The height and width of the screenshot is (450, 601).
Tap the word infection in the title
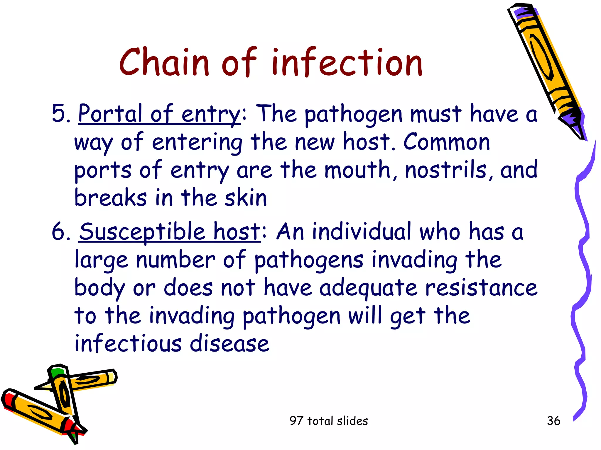[x=347, y=62]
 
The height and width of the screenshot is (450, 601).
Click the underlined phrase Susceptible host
[x=170, y=232]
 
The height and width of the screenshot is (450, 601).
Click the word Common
[x=446, y=142]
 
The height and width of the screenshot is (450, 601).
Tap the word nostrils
[x=445, y=170]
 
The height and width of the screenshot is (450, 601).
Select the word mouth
[x=357, y=170]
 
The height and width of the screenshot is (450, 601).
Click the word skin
[x=246, y=198]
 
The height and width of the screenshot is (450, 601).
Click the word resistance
[x=481, y=288]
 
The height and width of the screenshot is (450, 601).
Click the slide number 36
[x=553, y=421]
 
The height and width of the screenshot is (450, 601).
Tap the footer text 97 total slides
[x=328, y=421]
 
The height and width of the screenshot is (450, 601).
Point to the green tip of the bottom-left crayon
[x=57, y=372]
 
